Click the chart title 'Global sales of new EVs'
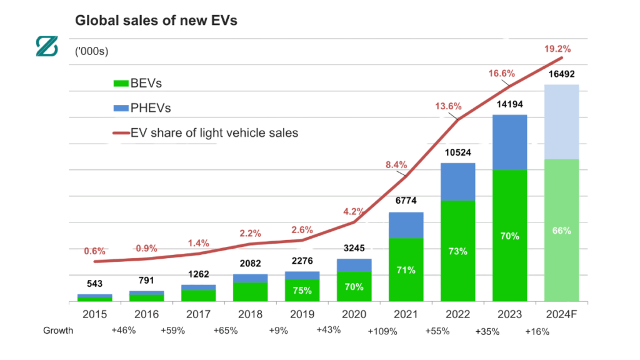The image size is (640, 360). (156, 21)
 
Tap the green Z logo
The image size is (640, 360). (46, 47)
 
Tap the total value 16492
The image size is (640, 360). (561, 74)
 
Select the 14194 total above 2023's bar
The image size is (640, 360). (509, 104)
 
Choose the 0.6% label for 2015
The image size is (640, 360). (94, 251)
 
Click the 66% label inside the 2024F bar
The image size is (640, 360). (561, 231)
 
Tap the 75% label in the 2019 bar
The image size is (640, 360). (302, 290)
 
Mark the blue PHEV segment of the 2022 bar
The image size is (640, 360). (457, 181)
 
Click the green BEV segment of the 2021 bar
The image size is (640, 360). (406, 270)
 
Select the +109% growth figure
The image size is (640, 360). (382, 331)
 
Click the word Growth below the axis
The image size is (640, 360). (58, 330)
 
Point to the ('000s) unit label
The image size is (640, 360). (92, 51)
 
